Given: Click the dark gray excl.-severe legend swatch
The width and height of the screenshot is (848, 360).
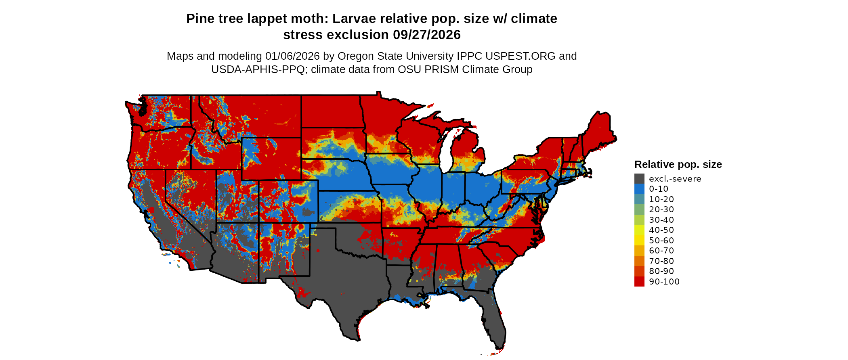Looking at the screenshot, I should [639, 179].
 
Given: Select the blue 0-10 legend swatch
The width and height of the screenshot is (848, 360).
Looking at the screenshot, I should [639, 189].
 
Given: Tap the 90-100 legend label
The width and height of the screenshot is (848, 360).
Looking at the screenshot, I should [664, 282].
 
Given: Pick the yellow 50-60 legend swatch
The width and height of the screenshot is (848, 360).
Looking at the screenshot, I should [639, 241].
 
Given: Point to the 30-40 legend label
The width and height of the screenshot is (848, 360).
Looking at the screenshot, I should [661, 220].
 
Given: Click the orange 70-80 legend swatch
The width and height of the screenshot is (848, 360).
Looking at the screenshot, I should [639, 261].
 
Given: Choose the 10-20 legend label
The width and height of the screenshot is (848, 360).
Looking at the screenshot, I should [661, 199].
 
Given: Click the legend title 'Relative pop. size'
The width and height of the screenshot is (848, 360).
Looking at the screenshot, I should [678, 165].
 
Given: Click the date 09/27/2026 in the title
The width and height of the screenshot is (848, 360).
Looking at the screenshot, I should [427, 35].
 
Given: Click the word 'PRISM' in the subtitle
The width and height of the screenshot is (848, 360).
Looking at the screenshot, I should [443, 69].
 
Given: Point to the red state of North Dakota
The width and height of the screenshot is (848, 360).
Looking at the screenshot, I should [331, 111].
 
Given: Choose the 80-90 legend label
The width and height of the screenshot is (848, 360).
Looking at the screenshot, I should [661, 271].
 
